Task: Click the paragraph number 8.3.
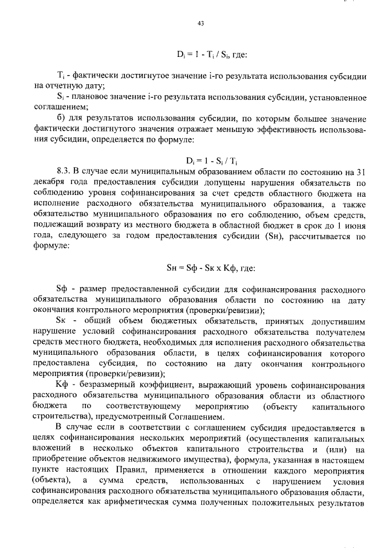(63, 172)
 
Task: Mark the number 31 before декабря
(360, 172)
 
